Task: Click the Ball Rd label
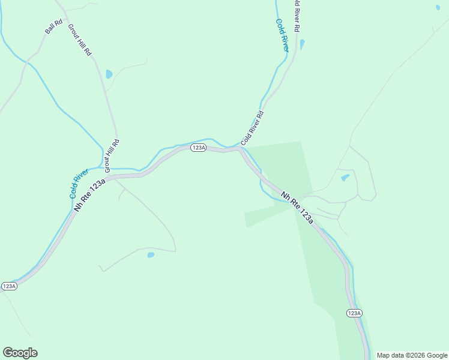(53, 27)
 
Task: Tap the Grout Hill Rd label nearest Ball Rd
(79, 40)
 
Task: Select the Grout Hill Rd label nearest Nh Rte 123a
(112, 156)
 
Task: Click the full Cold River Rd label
(252, 128)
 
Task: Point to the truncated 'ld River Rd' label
(296, 16)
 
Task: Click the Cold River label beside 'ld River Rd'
(282, 35)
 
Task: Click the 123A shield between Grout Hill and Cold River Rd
(199, 148)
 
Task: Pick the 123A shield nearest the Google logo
(9, 286)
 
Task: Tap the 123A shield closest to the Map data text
(354, 313)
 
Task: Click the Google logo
(20, 353)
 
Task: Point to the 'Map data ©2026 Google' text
(412, 355)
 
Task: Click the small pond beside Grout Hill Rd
(109, 74)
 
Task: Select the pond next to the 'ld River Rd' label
(302, 44)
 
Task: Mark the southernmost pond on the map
(151, 255)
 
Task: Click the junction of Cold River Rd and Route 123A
(240, 148)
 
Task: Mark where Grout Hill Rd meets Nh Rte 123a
(108, 176)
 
